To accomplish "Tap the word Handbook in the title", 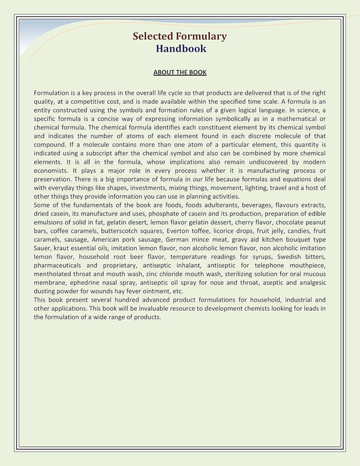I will pyautogui.click(x=181, y=49).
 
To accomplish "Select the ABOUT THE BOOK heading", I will pyautogui.click(x=180, y=73).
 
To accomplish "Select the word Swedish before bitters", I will pyautogui.click(x=288, y=257).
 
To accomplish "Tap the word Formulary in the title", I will pyautogui.click(x=203, y=36).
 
